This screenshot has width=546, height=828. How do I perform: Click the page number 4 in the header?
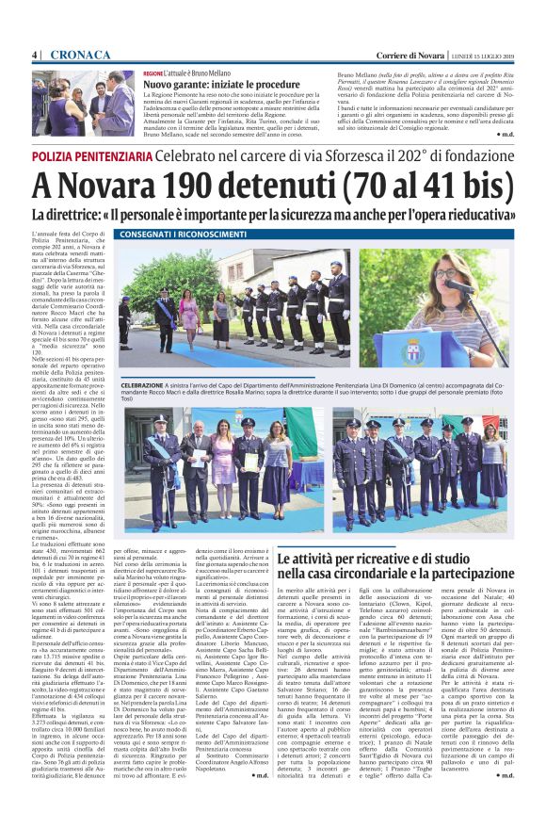pos(35,55)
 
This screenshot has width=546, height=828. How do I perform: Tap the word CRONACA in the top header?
pos(78,55)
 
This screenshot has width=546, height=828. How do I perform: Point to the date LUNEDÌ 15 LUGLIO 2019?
pos(488,55)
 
